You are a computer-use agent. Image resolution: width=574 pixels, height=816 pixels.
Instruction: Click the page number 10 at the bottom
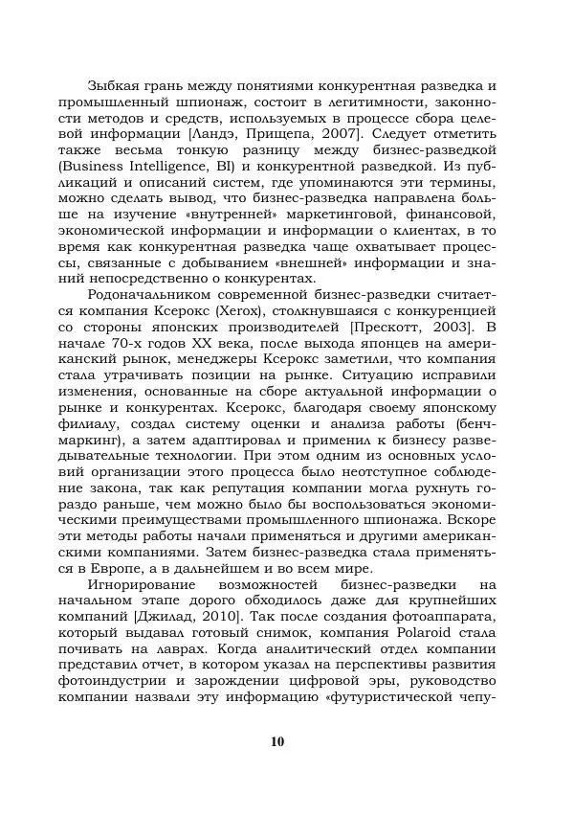point(277,742)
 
